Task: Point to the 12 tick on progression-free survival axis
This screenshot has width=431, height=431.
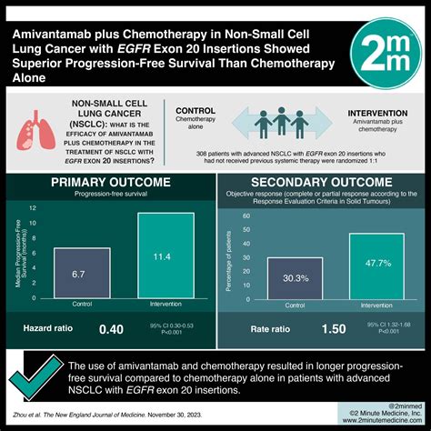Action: [x=34, y=207]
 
